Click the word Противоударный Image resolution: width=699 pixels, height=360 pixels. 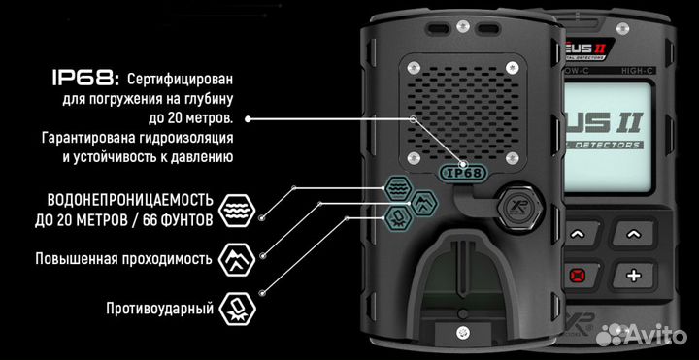click(x=159, y=309)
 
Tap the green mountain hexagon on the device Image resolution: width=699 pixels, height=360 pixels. click(x=425, y=202)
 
